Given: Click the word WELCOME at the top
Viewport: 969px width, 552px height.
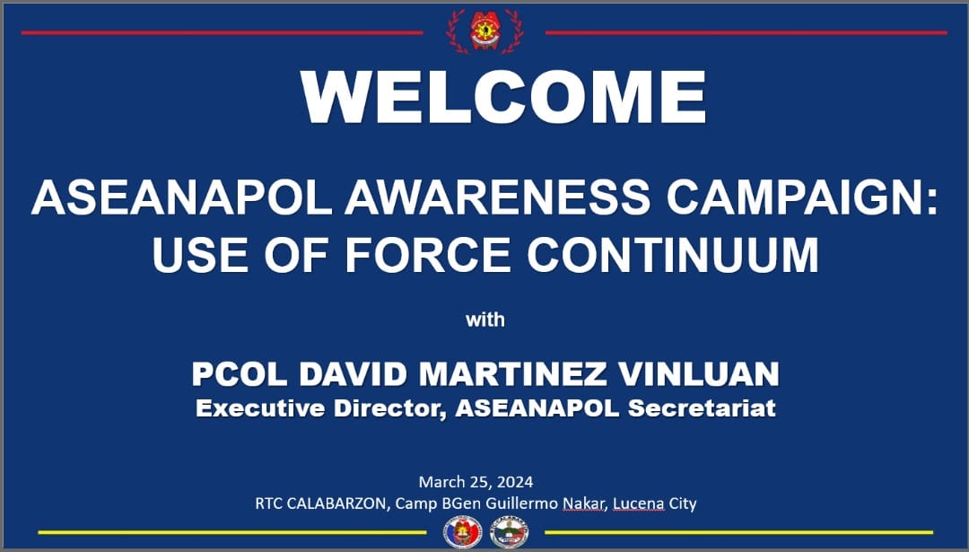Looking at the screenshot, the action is pyautogui.click(x=503, y=97).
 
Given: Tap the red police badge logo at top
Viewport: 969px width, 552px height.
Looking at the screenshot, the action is pyautogui.click(x=485, y=30).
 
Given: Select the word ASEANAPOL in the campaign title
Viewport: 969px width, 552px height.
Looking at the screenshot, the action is pyautogui.click(x=181, y=197).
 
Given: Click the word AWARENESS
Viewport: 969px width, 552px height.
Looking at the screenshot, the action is pyautogui.click(x=497, y=197).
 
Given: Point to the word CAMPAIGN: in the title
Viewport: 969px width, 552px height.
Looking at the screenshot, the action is pyautogui.click(x=801, y=197).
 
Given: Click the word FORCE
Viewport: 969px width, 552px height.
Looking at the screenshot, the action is pyautogui.click(x=428, y=255).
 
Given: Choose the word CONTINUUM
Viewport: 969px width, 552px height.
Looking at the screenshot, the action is pyautogui.click(x=672, y=255).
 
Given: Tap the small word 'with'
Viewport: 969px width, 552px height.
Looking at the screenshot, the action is pyautogui.click(x=485, y=320).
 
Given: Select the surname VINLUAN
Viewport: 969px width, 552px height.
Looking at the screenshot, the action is pyautogui.click(x=698, y=374).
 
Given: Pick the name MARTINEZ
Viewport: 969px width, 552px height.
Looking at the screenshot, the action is pyautogui.click(x=512, y=374).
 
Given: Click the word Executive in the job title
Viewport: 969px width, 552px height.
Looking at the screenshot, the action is pyautogui.click(x=260, y=408).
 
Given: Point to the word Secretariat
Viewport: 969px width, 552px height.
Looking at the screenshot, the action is pyautogui.click(x=702, y=408).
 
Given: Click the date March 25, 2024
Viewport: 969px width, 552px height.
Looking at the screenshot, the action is pyautogui.click(x=476, y=482).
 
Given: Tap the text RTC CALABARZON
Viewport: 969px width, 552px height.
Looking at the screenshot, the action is pyautogui.click(x=323, y=504).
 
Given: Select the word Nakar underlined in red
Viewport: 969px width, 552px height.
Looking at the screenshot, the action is pyautogui.click(x=584, y=504).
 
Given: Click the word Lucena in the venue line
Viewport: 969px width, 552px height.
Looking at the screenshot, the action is pyautogui.click(x=639, y=504).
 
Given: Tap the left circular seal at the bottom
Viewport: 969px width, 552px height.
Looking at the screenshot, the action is pyautogui.click(x=463, y=532).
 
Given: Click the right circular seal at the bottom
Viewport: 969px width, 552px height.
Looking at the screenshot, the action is pyautogui.click(x=510, y=532).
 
